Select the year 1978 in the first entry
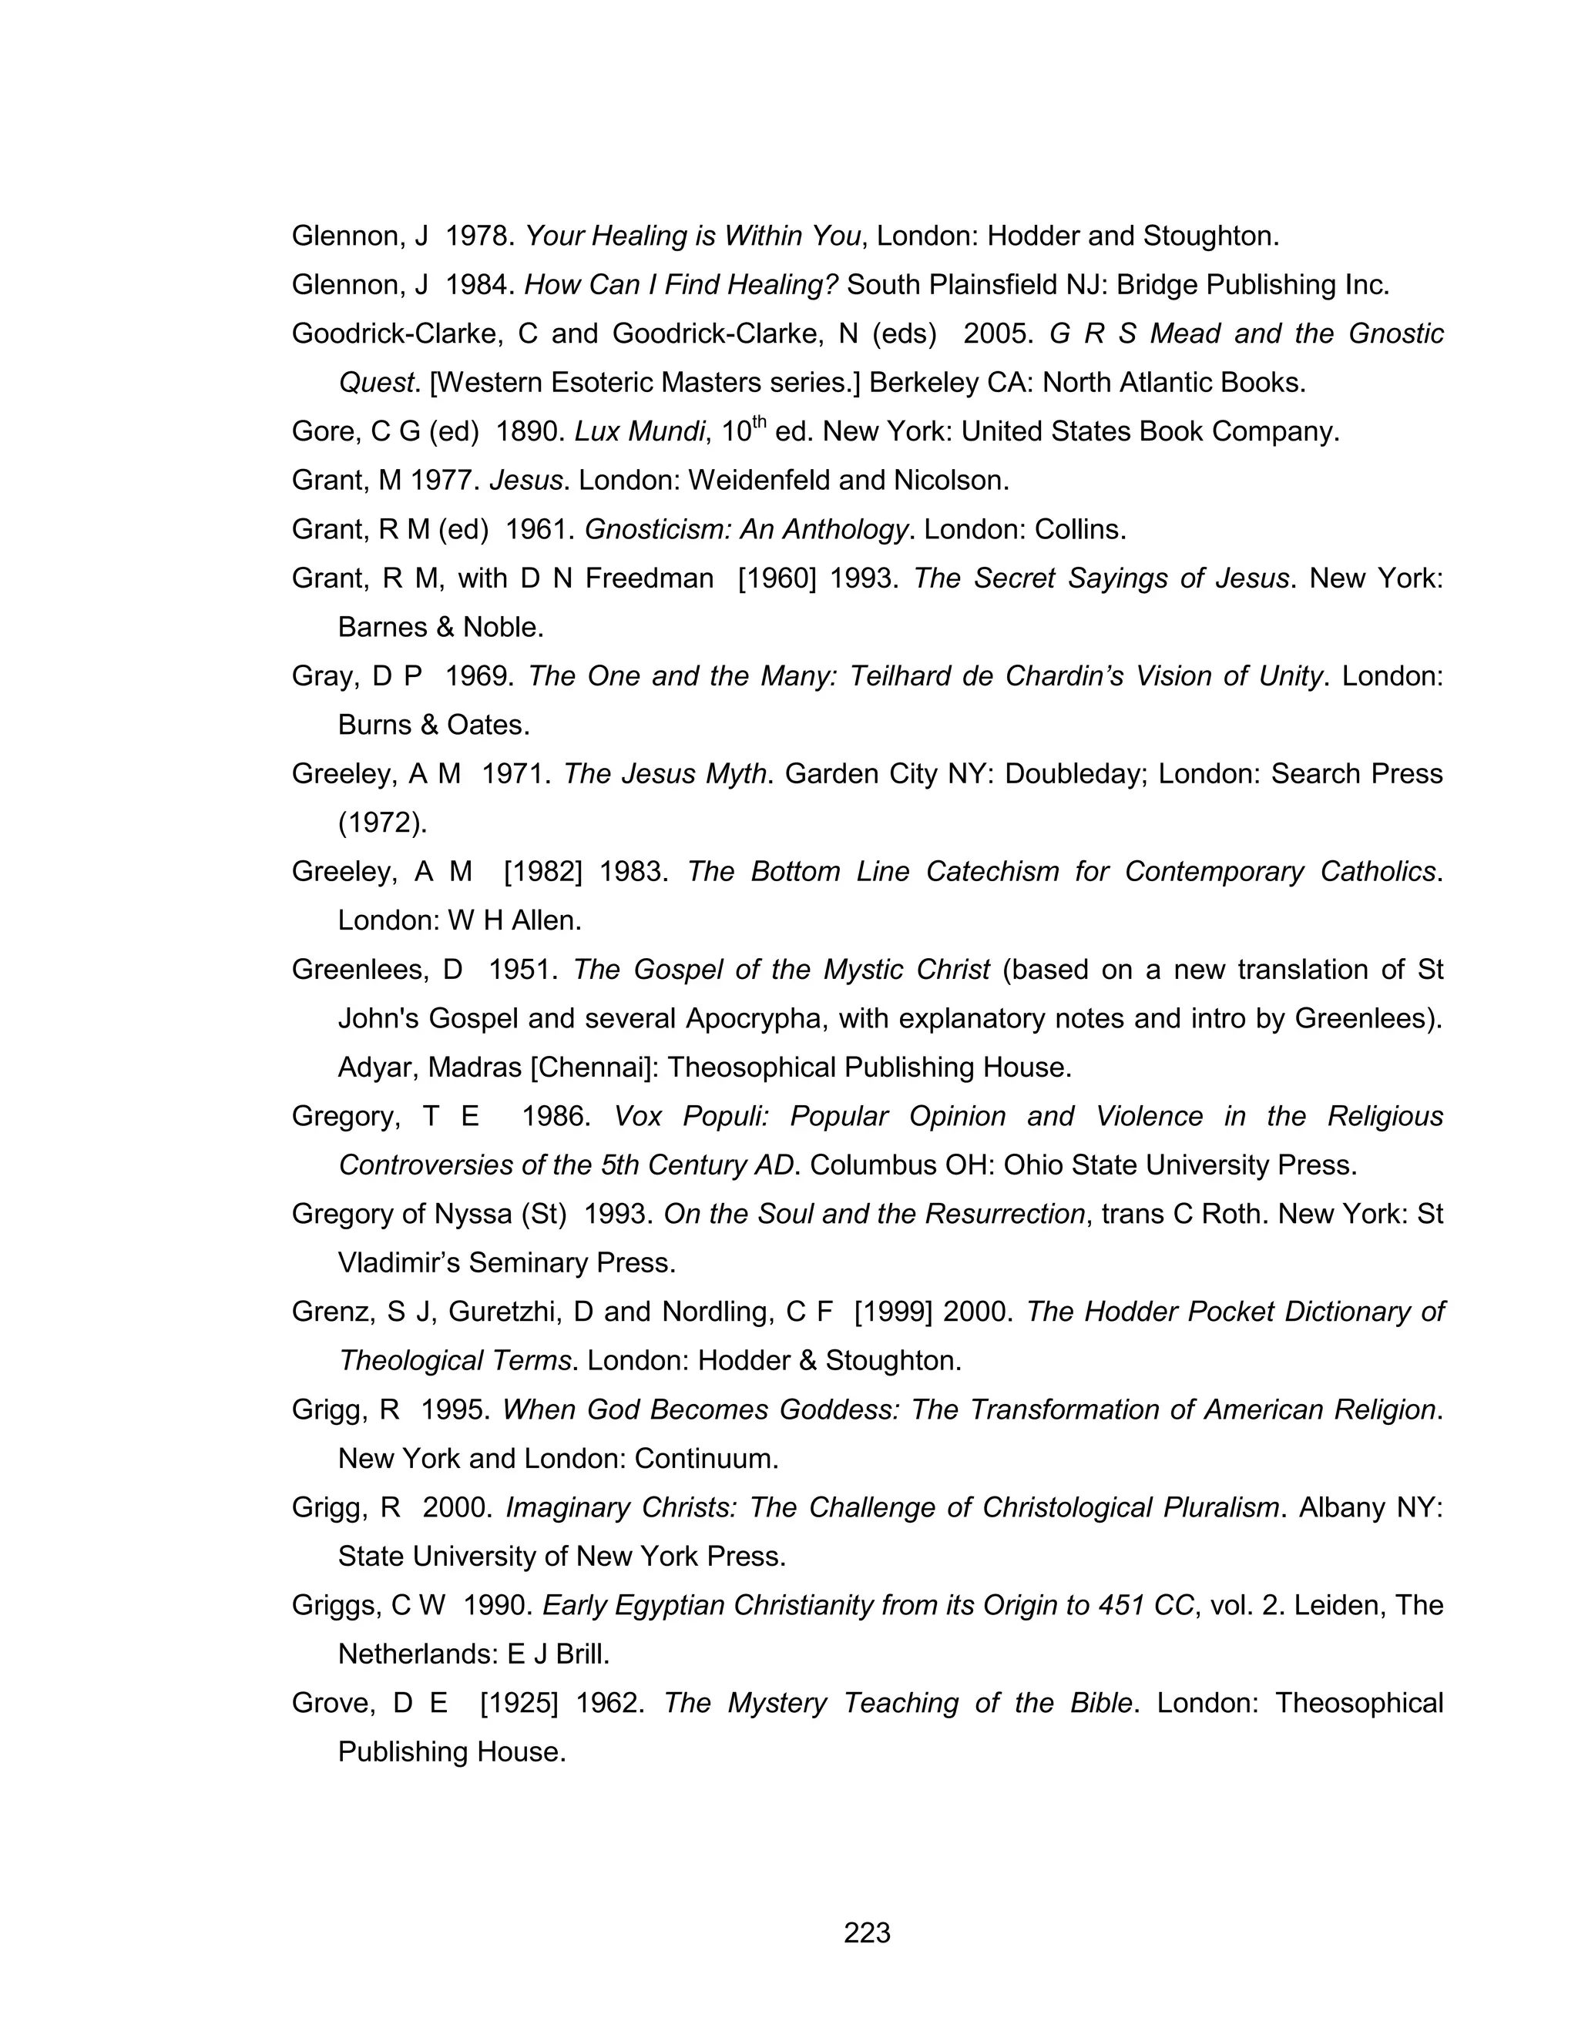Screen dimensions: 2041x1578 tap(478, 236)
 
